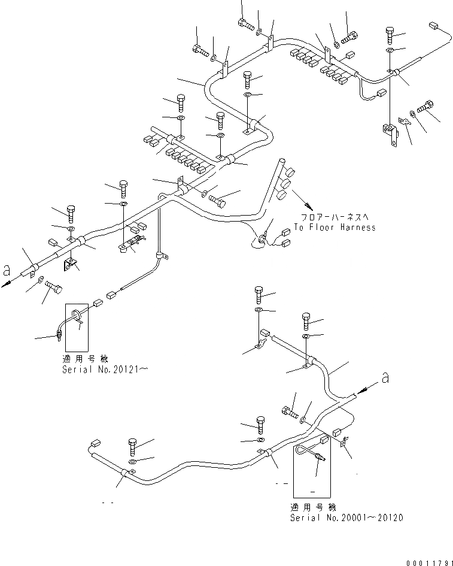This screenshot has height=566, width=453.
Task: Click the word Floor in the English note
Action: pos(322,228)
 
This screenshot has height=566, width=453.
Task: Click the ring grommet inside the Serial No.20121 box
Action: pos(78,316)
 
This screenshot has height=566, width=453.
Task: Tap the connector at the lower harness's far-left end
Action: pos(94,445)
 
